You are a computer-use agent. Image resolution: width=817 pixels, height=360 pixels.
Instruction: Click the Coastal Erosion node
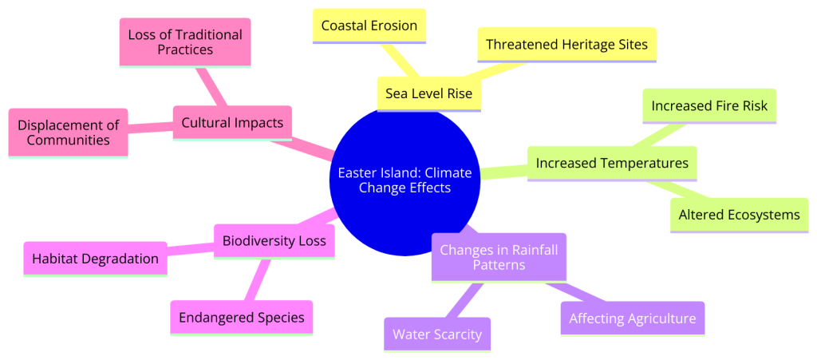tap(369, 26)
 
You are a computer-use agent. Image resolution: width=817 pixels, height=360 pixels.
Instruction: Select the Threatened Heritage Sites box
tap(566, 45)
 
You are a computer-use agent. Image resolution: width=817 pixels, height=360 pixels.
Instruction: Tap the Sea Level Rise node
tap(428, 93)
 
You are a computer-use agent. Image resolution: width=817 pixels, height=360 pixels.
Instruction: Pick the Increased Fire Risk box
tap(709, 106)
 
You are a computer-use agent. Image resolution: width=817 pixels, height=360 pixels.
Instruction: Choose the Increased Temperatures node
tap(612, 164)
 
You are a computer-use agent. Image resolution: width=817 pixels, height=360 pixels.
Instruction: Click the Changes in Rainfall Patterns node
tap(499, 257)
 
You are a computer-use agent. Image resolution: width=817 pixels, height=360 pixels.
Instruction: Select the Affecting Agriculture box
tap(633, 318)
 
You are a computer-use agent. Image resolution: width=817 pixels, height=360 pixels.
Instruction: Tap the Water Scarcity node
tap(437, 334)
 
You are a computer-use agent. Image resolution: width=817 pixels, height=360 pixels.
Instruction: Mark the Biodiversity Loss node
tap(274, 242)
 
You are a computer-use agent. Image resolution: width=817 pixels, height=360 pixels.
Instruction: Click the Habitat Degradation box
tap(96, 259)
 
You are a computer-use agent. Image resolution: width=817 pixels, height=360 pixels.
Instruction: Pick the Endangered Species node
tap(241, 318)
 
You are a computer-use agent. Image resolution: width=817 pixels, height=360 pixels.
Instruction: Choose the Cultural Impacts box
tap(232, 124)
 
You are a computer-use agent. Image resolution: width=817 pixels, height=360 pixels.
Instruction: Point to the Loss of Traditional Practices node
tap(185, 43)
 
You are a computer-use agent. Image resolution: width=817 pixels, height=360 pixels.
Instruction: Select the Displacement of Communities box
tap(69, 133)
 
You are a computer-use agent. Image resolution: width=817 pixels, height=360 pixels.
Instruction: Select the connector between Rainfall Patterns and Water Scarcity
tap(464, 300)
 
